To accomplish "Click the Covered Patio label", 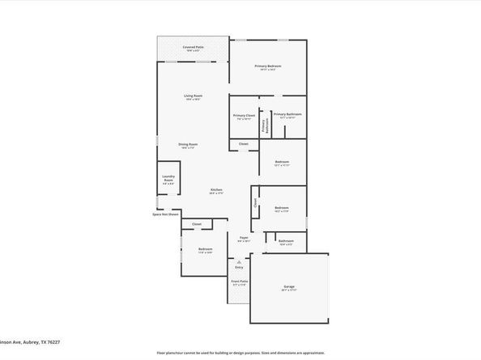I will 193,48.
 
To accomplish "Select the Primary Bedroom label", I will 268,66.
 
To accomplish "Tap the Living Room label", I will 192,96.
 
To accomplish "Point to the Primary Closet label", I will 244,115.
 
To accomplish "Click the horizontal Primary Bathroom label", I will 287,115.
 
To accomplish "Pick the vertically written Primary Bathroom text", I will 264,125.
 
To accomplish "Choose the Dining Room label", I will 189,145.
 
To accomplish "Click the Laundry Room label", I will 168,178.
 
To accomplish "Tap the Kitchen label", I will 216,190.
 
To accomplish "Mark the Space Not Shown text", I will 165,214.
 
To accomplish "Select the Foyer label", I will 243,237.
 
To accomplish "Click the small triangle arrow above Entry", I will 238,261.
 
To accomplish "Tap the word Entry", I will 239,267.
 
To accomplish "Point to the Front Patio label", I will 240,282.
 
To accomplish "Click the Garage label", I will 289,286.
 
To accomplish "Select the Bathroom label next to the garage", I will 286,241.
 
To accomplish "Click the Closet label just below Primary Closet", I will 244,144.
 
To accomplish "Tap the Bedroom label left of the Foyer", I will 206,249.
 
